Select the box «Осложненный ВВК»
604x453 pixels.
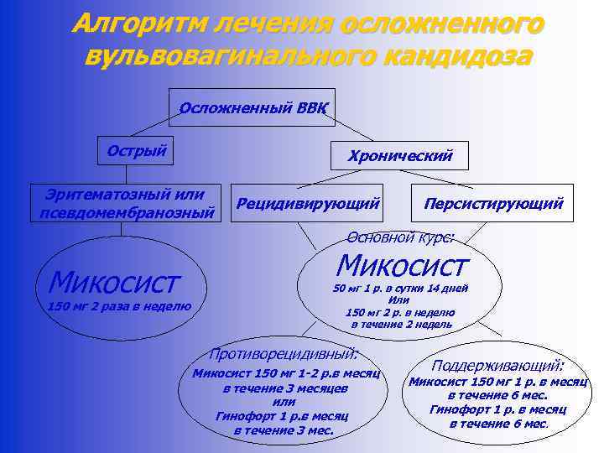point(252,108)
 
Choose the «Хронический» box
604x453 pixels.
point(399,155)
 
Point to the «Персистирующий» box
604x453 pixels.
point(493,203)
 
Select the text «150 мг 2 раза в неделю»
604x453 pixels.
point(120,307)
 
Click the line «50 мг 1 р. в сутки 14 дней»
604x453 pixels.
point(400,289)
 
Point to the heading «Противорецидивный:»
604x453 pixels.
point(284,353)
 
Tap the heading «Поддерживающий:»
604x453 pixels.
point(497,366)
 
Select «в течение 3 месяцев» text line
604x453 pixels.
point(284,388)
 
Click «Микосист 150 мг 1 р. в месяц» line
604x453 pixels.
point(497,382)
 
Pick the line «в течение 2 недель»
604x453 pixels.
point(401,324)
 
